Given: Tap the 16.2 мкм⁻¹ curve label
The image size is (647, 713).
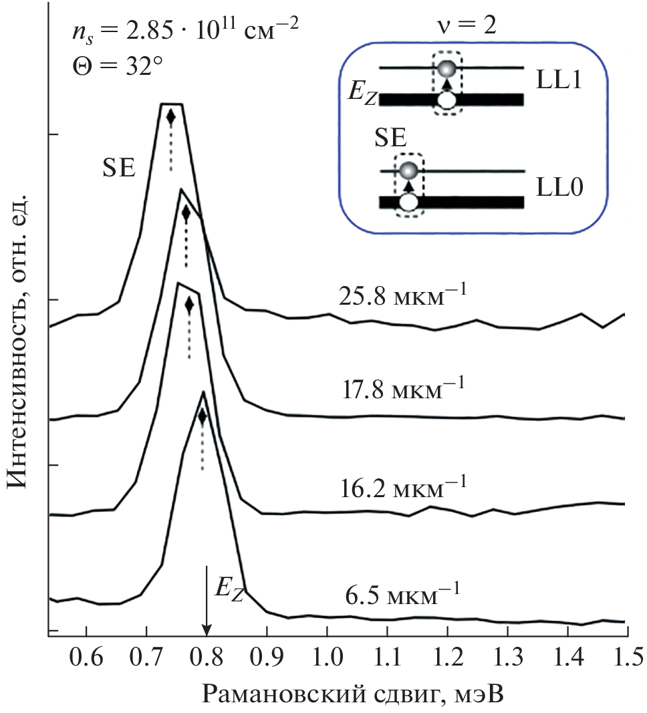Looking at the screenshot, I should [x=400, y=484].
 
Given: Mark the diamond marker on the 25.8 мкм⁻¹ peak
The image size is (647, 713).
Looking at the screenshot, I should [x=170, y=117].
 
